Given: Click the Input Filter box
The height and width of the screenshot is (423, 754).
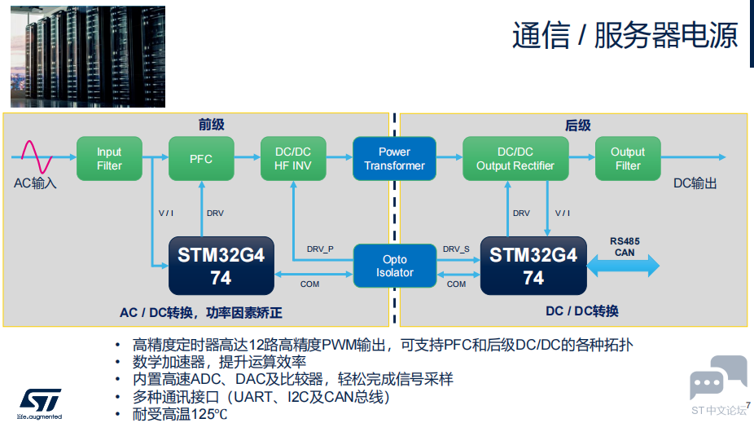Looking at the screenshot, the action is tap(109, 159).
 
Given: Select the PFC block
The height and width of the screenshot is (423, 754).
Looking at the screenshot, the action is tap(201, 159).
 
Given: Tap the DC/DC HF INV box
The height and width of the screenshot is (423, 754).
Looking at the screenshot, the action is tap(293, 159).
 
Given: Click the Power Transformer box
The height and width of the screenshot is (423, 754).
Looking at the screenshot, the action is tap(394, 159).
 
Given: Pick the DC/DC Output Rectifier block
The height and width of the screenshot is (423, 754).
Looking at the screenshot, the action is tap(515, 159).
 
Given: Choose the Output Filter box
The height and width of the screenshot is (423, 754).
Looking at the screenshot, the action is tap(628, 159).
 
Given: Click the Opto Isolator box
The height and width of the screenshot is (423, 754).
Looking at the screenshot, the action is tap(395, 266).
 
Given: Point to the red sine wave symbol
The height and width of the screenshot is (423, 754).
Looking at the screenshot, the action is tap(37, 156).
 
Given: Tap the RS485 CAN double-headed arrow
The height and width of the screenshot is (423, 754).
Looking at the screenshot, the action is tap(623, 266).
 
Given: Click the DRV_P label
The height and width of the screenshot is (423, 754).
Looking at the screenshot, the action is tap(320, 249).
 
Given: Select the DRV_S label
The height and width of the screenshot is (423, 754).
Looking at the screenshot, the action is tap(456, 249).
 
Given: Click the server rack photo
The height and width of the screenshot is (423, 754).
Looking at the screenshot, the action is tap(88, 56).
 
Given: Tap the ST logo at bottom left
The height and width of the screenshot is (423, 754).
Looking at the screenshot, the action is tap(40, 403).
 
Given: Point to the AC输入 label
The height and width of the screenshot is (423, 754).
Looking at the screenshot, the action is tap(35, 183).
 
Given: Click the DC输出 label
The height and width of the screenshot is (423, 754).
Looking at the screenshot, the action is tap(695, 183).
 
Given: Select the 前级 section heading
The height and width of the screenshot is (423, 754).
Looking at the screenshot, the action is tap(212, 125).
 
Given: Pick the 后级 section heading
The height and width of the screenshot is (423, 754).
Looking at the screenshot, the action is tap(578, 126).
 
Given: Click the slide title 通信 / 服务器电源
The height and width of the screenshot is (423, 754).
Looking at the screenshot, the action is tap(625, 35).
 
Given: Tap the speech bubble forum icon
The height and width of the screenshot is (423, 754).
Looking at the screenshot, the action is tap(718, 377).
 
